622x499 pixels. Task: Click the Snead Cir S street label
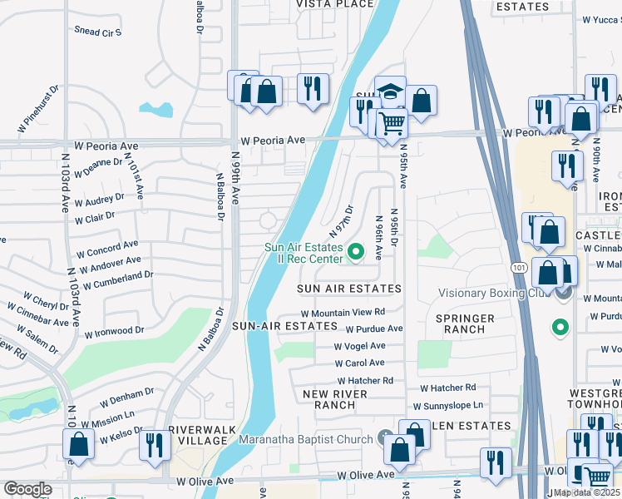pyautogui.click(x=98, y=32)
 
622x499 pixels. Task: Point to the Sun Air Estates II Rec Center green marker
pyautogui.click(x=357, y=250)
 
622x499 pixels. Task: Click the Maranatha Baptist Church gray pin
pyautogui.click(x=385, y=437)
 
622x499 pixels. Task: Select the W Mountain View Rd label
pyautogui.click(x=343, y=313)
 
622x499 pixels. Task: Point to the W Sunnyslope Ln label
pyautogui.click(x=448, y=405)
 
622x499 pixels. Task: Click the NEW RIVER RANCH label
pyautogui.click(x=329, y=399)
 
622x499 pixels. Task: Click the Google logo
pyautogui.click(x=27, y=489)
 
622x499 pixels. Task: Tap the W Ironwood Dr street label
pyautogui.click(x=114, y=332)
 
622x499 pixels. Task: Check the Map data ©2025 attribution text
pyautogui.click(x=587, y=492)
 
